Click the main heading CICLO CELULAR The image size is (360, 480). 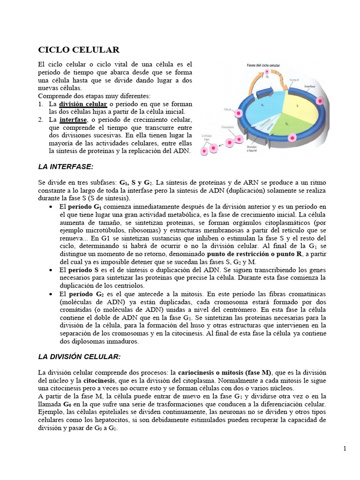tap(78, 49)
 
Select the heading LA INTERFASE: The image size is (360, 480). tap(66, 167)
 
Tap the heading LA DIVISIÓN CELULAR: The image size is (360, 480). tap(79, 357)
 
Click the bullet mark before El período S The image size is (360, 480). tap(51, 271)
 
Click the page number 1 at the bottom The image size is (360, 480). tap(345, 449)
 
